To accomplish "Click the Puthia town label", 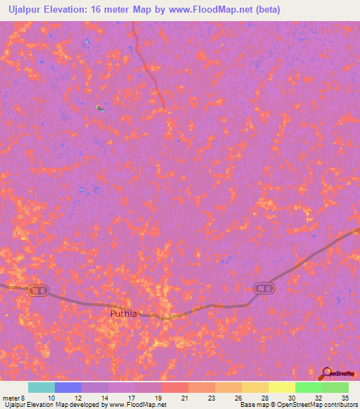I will point(124,314).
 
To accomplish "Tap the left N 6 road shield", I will point(37,290).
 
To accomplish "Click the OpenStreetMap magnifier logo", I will point(326,372).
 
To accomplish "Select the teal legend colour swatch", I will point(41,387).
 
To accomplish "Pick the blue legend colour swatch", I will point(68,387).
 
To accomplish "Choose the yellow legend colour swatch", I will point(281,387).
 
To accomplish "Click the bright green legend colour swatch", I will point(308,387).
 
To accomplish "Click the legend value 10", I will point(51,397).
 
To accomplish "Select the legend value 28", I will point(264,397).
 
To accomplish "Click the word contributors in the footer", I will point(340,405).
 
